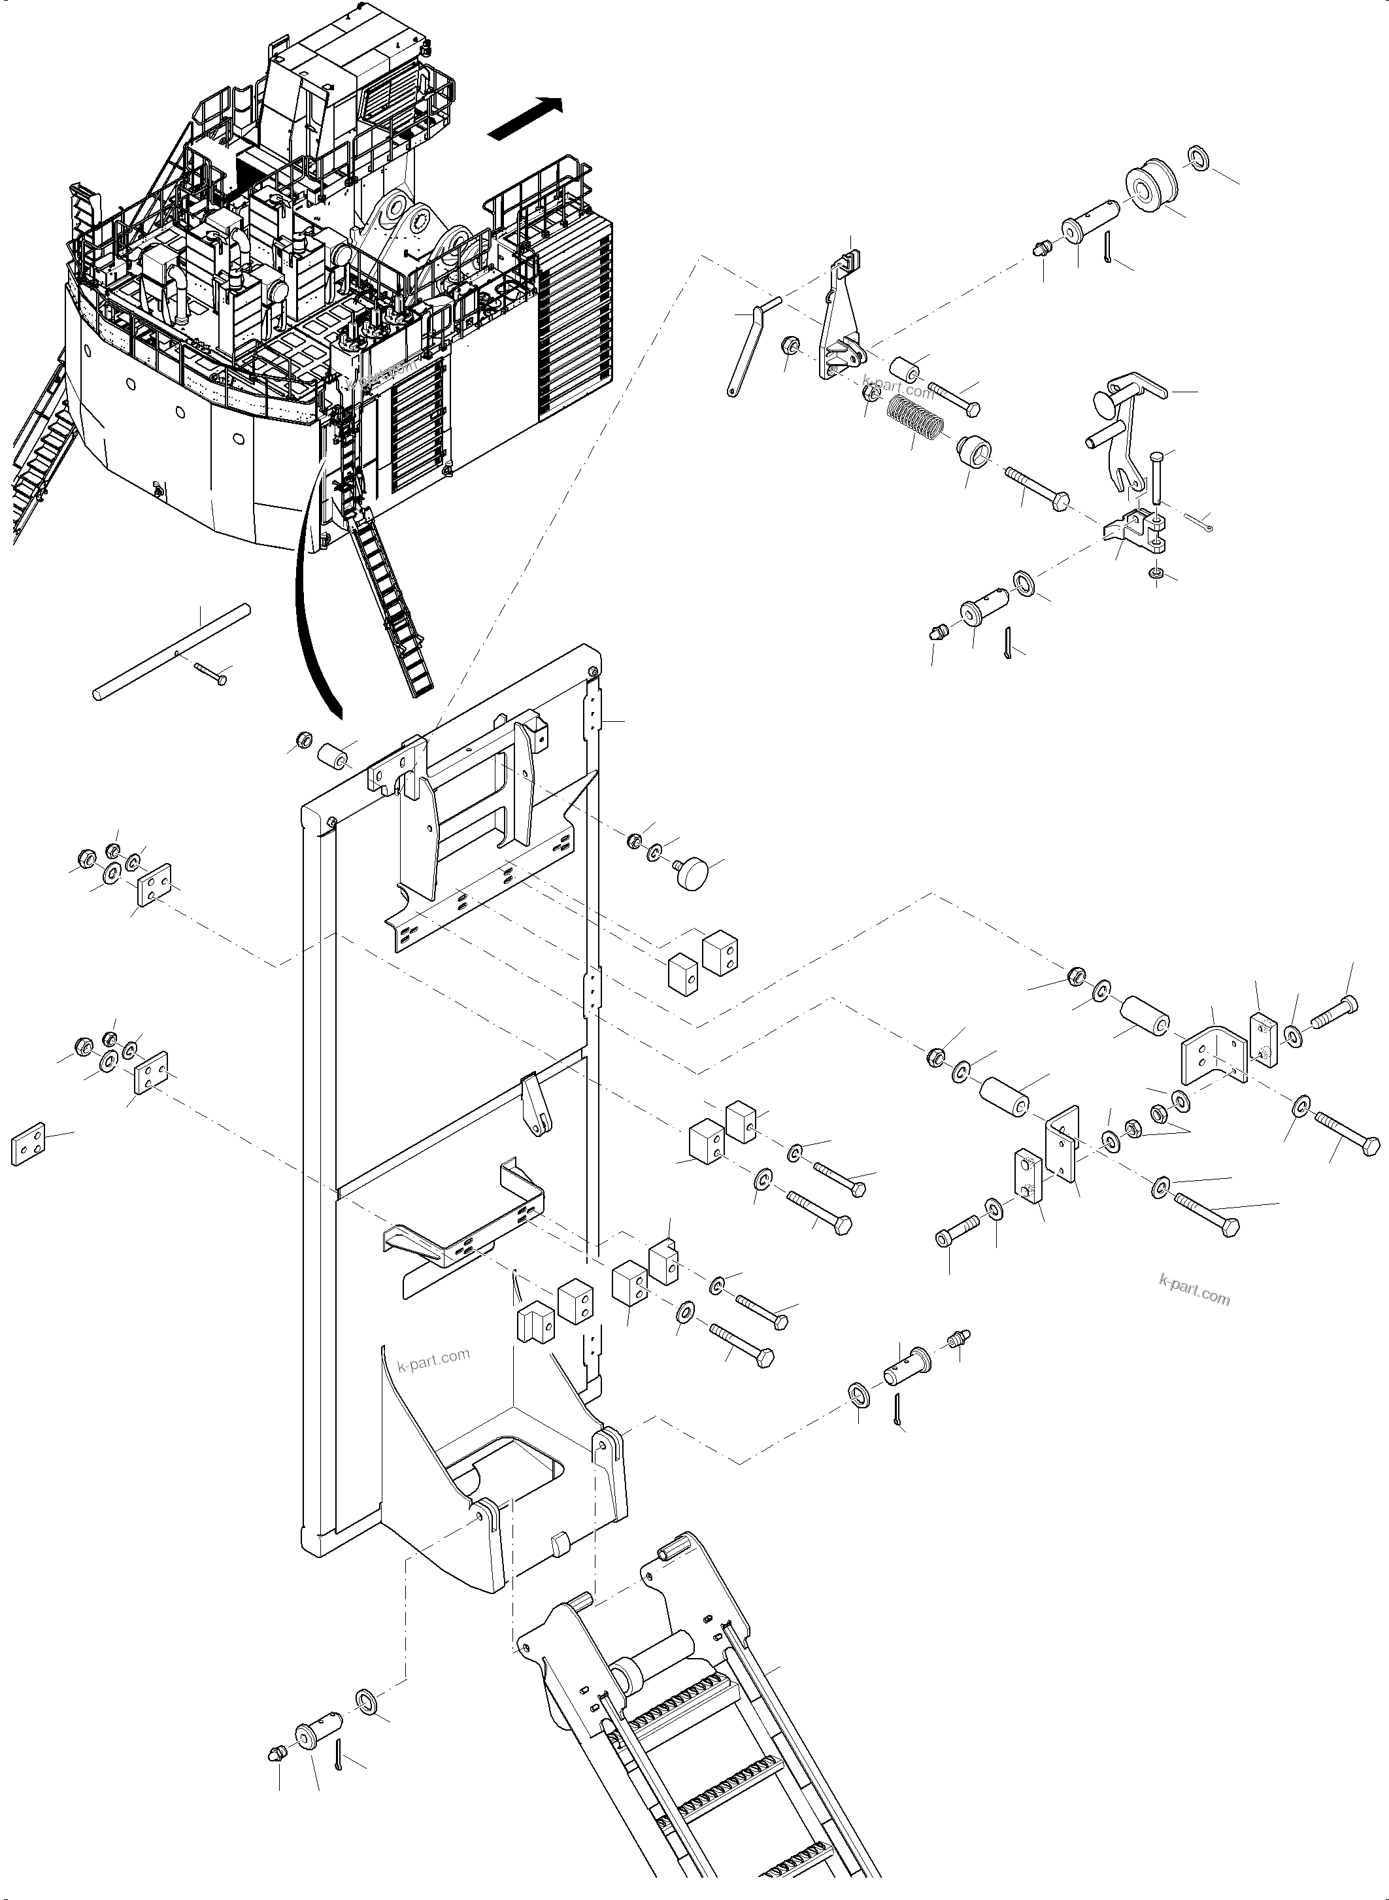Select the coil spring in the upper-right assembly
916,416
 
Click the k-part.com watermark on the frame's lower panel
434,1359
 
